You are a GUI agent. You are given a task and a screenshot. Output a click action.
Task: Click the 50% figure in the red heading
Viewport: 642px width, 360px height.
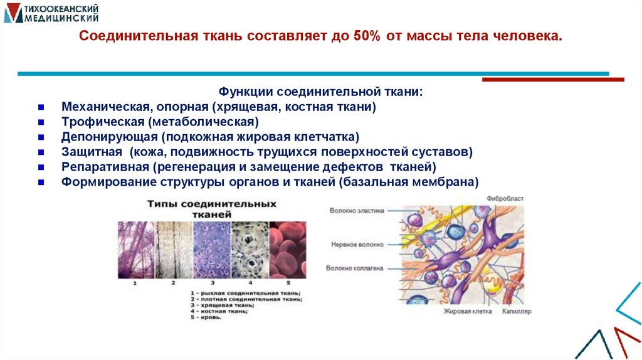366,36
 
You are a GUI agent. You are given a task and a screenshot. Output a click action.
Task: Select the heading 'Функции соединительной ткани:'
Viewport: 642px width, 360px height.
320,92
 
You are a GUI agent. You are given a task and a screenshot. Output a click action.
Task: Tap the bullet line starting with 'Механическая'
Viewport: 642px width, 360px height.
218,107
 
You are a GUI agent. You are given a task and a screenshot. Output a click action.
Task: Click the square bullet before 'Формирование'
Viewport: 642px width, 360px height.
41,183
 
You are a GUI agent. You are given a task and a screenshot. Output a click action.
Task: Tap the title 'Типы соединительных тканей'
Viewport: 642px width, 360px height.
212,209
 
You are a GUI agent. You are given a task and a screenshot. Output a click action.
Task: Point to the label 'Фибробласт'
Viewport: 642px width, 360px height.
505,198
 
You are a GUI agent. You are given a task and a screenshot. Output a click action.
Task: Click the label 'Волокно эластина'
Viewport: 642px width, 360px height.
357,211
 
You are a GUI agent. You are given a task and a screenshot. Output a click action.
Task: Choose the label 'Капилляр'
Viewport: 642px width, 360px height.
517,311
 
